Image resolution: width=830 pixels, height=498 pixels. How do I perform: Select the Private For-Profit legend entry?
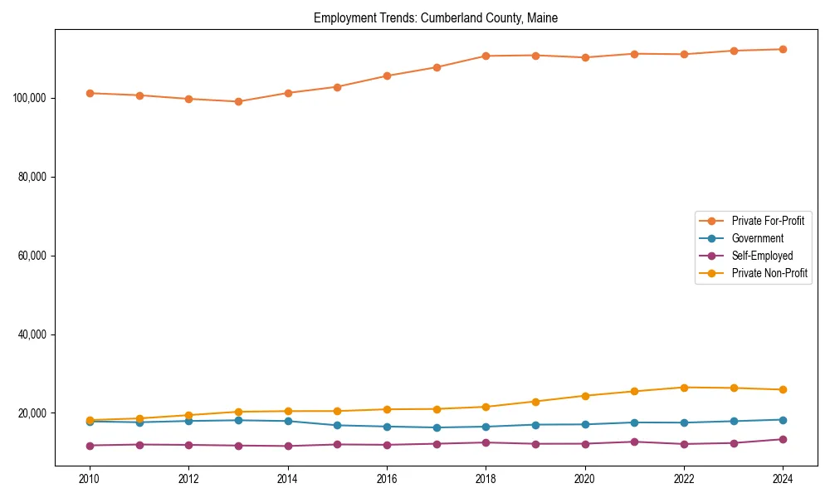[x=767, y=221]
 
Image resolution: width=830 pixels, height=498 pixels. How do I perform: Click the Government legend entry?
[x=757, y=238]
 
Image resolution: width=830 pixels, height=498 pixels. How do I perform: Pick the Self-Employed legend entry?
[x=762, y=256]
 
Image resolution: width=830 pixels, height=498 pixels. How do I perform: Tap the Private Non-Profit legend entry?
[x=769, y=273]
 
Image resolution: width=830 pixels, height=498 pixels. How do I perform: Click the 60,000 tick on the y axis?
[x=31, y=256]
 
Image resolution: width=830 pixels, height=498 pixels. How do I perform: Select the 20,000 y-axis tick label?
[x=31, y=413]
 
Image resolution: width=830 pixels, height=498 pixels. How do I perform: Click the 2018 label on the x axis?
[x=486, y=479]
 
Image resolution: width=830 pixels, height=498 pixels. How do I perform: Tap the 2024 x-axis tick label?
[x=783, y=479]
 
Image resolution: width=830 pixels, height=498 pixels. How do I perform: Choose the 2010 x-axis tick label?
[x=90, y=479]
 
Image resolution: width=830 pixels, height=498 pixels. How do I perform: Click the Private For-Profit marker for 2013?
[x=238, y=101]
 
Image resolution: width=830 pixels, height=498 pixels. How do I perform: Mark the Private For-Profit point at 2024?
[x=783, y=49]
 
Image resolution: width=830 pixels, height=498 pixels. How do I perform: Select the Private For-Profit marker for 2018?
[x=486, y=56]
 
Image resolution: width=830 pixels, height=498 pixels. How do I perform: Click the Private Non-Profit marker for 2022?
[x=684, y=388]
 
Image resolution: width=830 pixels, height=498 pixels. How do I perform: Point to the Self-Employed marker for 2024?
[x=783, y=439]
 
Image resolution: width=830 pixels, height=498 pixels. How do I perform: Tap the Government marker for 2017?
[x=437, y=427]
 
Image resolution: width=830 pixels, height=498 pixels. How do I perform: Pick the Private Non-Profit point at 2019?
[x=535, y=402]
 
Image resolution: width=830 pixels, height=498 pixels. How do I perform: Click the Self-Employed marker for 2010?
[x=90, y=446]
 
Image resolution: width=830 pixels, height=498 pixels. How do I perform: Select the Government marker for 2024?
[x=783, y=420]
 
